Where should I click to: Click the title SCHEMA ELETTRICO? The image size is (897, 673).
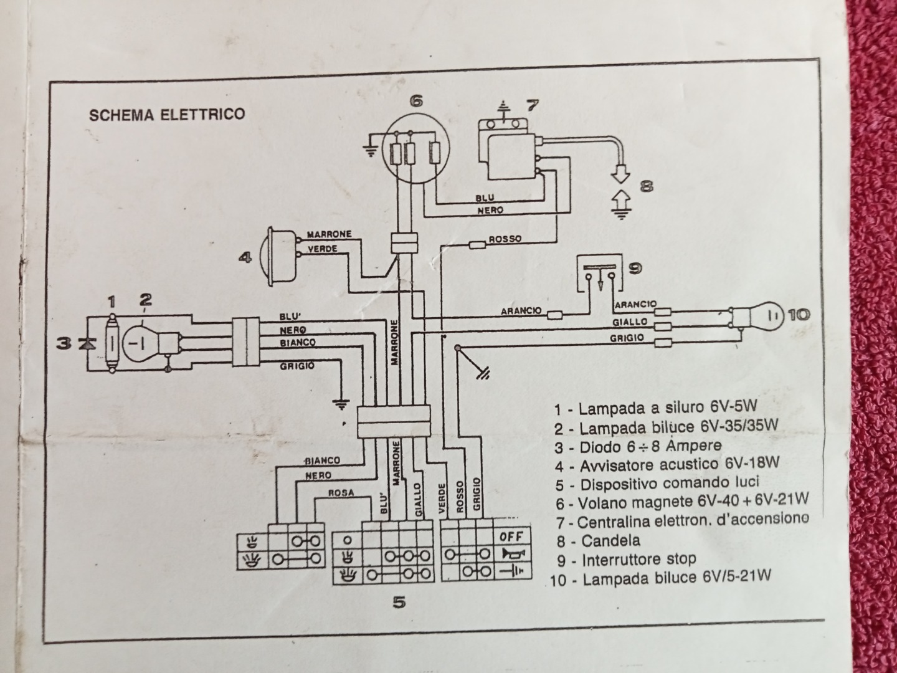[167, 115]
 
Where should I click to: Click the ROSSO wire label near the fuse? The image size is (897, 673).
[505, 239]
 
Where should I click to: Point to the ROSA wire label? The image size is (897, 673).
[342, 492]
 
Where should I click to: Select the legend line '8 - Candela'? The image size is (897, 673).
[599, 541]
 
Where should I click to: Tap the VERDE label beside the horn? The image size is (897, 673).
[323, 249]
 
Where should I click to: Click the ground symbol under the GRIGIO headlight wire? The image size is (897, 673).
[341, 404]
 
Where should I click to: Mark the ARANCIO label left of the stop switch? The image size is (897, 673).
[522, 311]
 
